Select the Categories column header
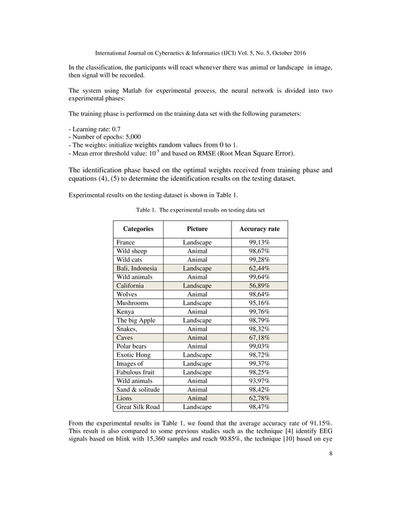(x=138, y=229)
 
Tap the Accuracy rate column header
(x=259, y=229)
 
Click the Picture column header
(x=197, y=229)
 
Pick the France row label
(x=126, y=243)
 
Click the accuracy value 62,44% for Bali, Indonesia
(x=259, y=268)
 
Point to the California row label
(x=130, y=286)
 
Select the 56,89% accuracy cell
(x=259, y=286)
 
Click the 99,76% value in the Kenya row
(x=259, y=312)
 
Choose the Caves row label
(x=125, y=337)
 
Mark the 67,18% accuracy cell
(x=259, y=337)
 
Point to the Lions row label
(x=124, y=398)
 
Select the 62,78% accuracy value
(x=259, y=398)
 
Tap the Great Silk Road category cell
(x=138, y=406)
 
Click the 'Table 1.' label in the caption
(x=146, y=210)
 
